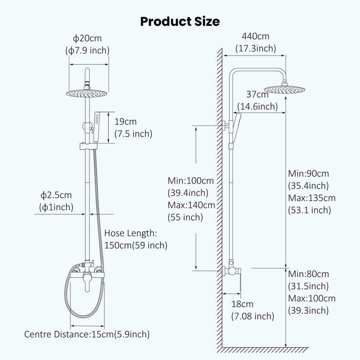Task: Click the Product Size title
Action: [180, 21]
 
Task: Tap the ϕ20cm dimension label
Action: [87, 38]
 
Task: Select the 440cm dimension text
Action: [256, 37]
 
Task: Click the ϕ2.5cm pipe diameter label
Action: [57, 195]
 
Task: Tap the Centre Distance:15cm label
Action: [87, 334]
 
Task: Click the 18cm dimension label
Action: [242, 304]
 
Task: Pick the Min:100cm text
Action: [190, 181]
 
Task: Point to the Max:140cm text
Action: [191, 205]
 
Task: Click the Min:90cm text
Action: [308, 174]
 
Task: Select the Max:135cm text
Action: [311, 197]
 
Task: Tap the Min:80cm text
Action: [308, 274]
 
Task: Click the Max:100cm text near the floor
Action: [311, 298]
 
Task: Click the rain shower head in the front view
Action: [88, 93]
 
